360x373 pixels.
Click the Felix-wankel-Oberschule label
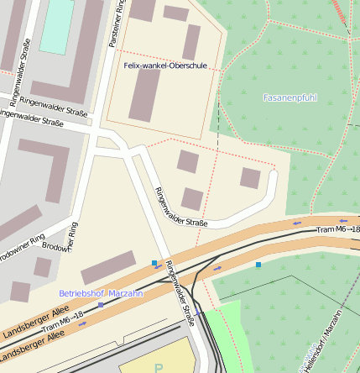coord(165,65)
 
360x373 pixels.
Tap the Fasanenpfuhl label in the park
coord(290,97)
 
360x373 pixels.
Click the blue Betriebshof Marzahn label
coord(101,293)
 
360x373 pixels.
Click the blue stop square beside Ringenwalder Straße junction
coord(154,264)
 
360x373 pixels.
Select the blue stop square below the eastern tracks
coord(258,265)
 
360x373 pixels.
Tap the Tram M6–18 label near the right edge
coord(338,229)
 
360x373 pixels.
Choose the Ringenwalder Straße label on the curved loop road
coord(181,207)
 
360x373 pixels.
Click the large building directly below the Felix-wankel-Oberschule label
coord(144,94)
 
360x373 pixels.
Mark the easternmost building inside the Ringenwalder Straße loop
coord(250,177)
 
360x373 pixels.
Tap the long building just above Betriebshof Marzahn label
coord(108,268)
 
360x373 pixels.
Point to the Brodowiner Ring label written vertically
coord(73,239)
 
